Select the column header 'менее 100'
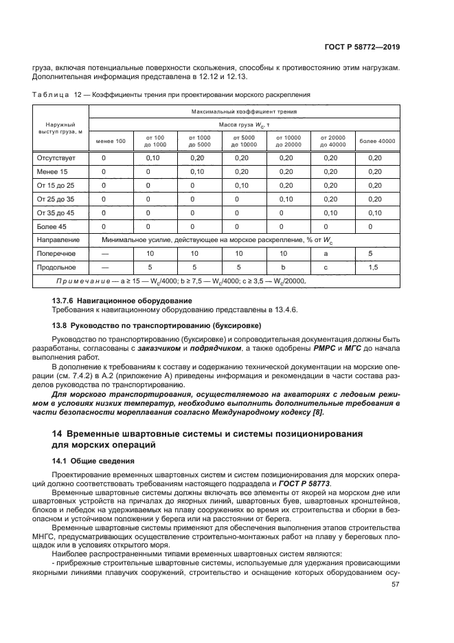click(x=111, y=141)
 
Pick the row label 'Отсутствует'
click(x=56, y=157)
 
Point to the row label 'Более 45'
click(x=52, y=226)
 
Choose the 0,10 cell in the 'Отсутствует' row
click(x=152, y=157)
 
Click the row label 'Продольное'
click(x=57, y=267)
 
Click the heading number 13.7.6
click(x=65, y=301)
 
